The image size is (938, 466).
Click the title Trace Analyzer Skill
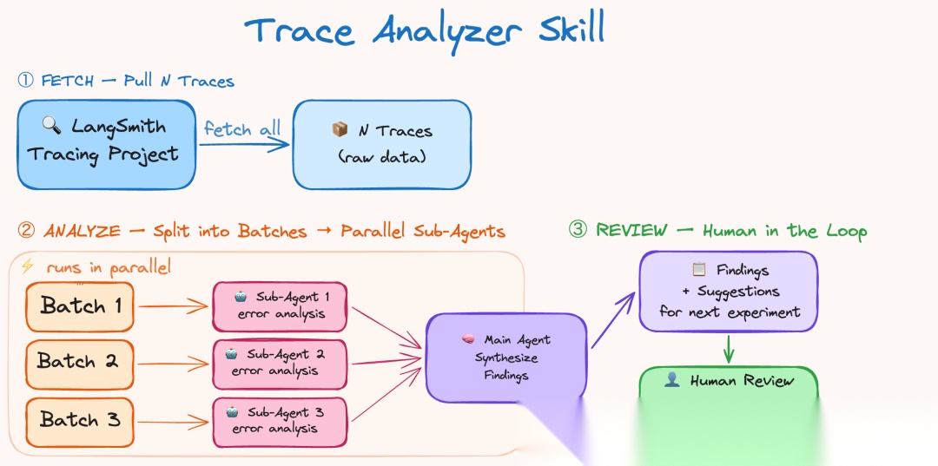[x=425, y=31]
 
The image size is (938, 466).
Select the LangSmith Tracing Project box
[x=106, y=144]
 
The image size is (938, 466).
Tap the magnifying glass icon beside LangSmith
[x=52, y=125]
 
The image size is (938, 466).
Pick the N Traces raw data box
[x=382, y=144]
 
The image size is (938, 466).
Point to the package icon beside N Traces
[x=340, y=130]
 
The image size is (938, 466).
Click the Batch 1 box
[x=80, y=306]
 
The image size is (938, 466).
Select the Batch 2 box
[x=78, y=361]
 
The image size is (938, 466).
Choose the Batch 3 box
[x=79, y=419]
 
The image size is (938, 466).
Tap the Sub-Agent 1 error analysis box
[x=280, y=305]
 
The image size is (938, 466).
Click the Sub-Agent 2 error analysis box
[x=280, y=363]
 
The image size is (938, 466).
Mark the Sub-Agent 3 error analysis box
[x=280, y=421]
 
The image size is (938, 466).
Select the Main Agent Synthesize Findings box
[x=505, y=358]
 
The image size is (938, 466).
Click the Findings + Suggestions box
[x=729, y=291]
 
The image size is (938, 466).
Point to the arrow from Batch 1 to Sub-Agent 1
[x=174, y=306]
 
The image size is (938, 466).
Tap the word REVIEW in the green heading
[x=631, y=230]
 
